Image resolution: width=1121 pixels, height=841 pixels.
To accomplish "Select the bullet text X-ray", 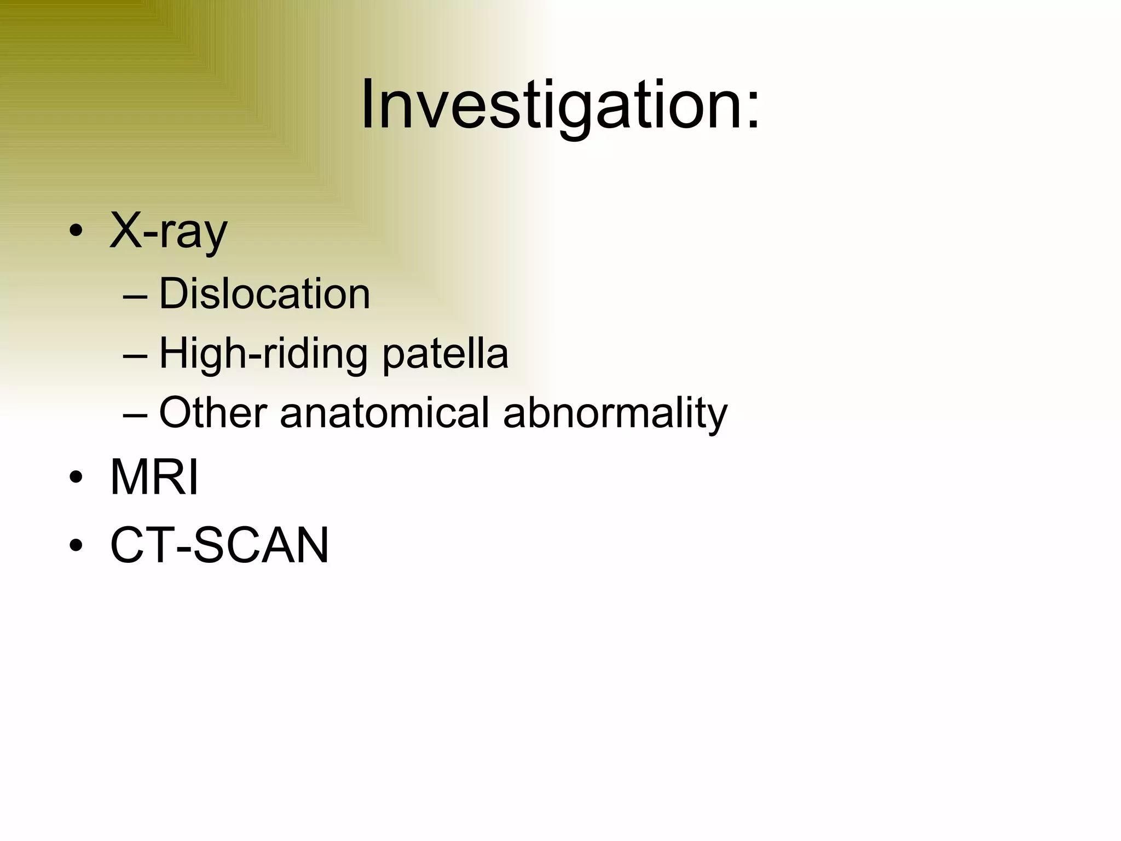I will tap(168, 231).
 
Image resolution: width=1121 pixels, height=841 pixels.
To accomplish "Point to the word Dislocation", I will tap(264, 294).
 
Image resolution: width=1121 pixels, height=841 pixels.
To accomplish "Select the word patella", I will tap(445, 354).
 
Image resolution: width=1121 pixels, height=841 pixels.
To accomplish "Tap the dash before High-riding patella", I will tap(135, 356).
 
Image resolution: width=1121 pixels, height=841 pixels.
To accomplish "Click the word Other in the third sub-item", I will tap(213, 412).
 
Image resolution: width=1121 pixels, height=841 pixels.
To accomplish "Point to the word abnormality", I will tap(615, 412).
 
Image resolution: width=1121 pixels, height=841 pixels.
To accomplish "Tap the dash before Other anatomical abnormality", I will tap(135, 414).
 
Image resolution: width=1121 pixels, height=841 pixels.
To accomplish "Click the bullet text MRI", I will tap(154, 477).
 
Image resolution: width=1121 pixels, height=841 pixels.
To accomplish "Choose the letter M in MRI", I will tap(130, 477).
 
